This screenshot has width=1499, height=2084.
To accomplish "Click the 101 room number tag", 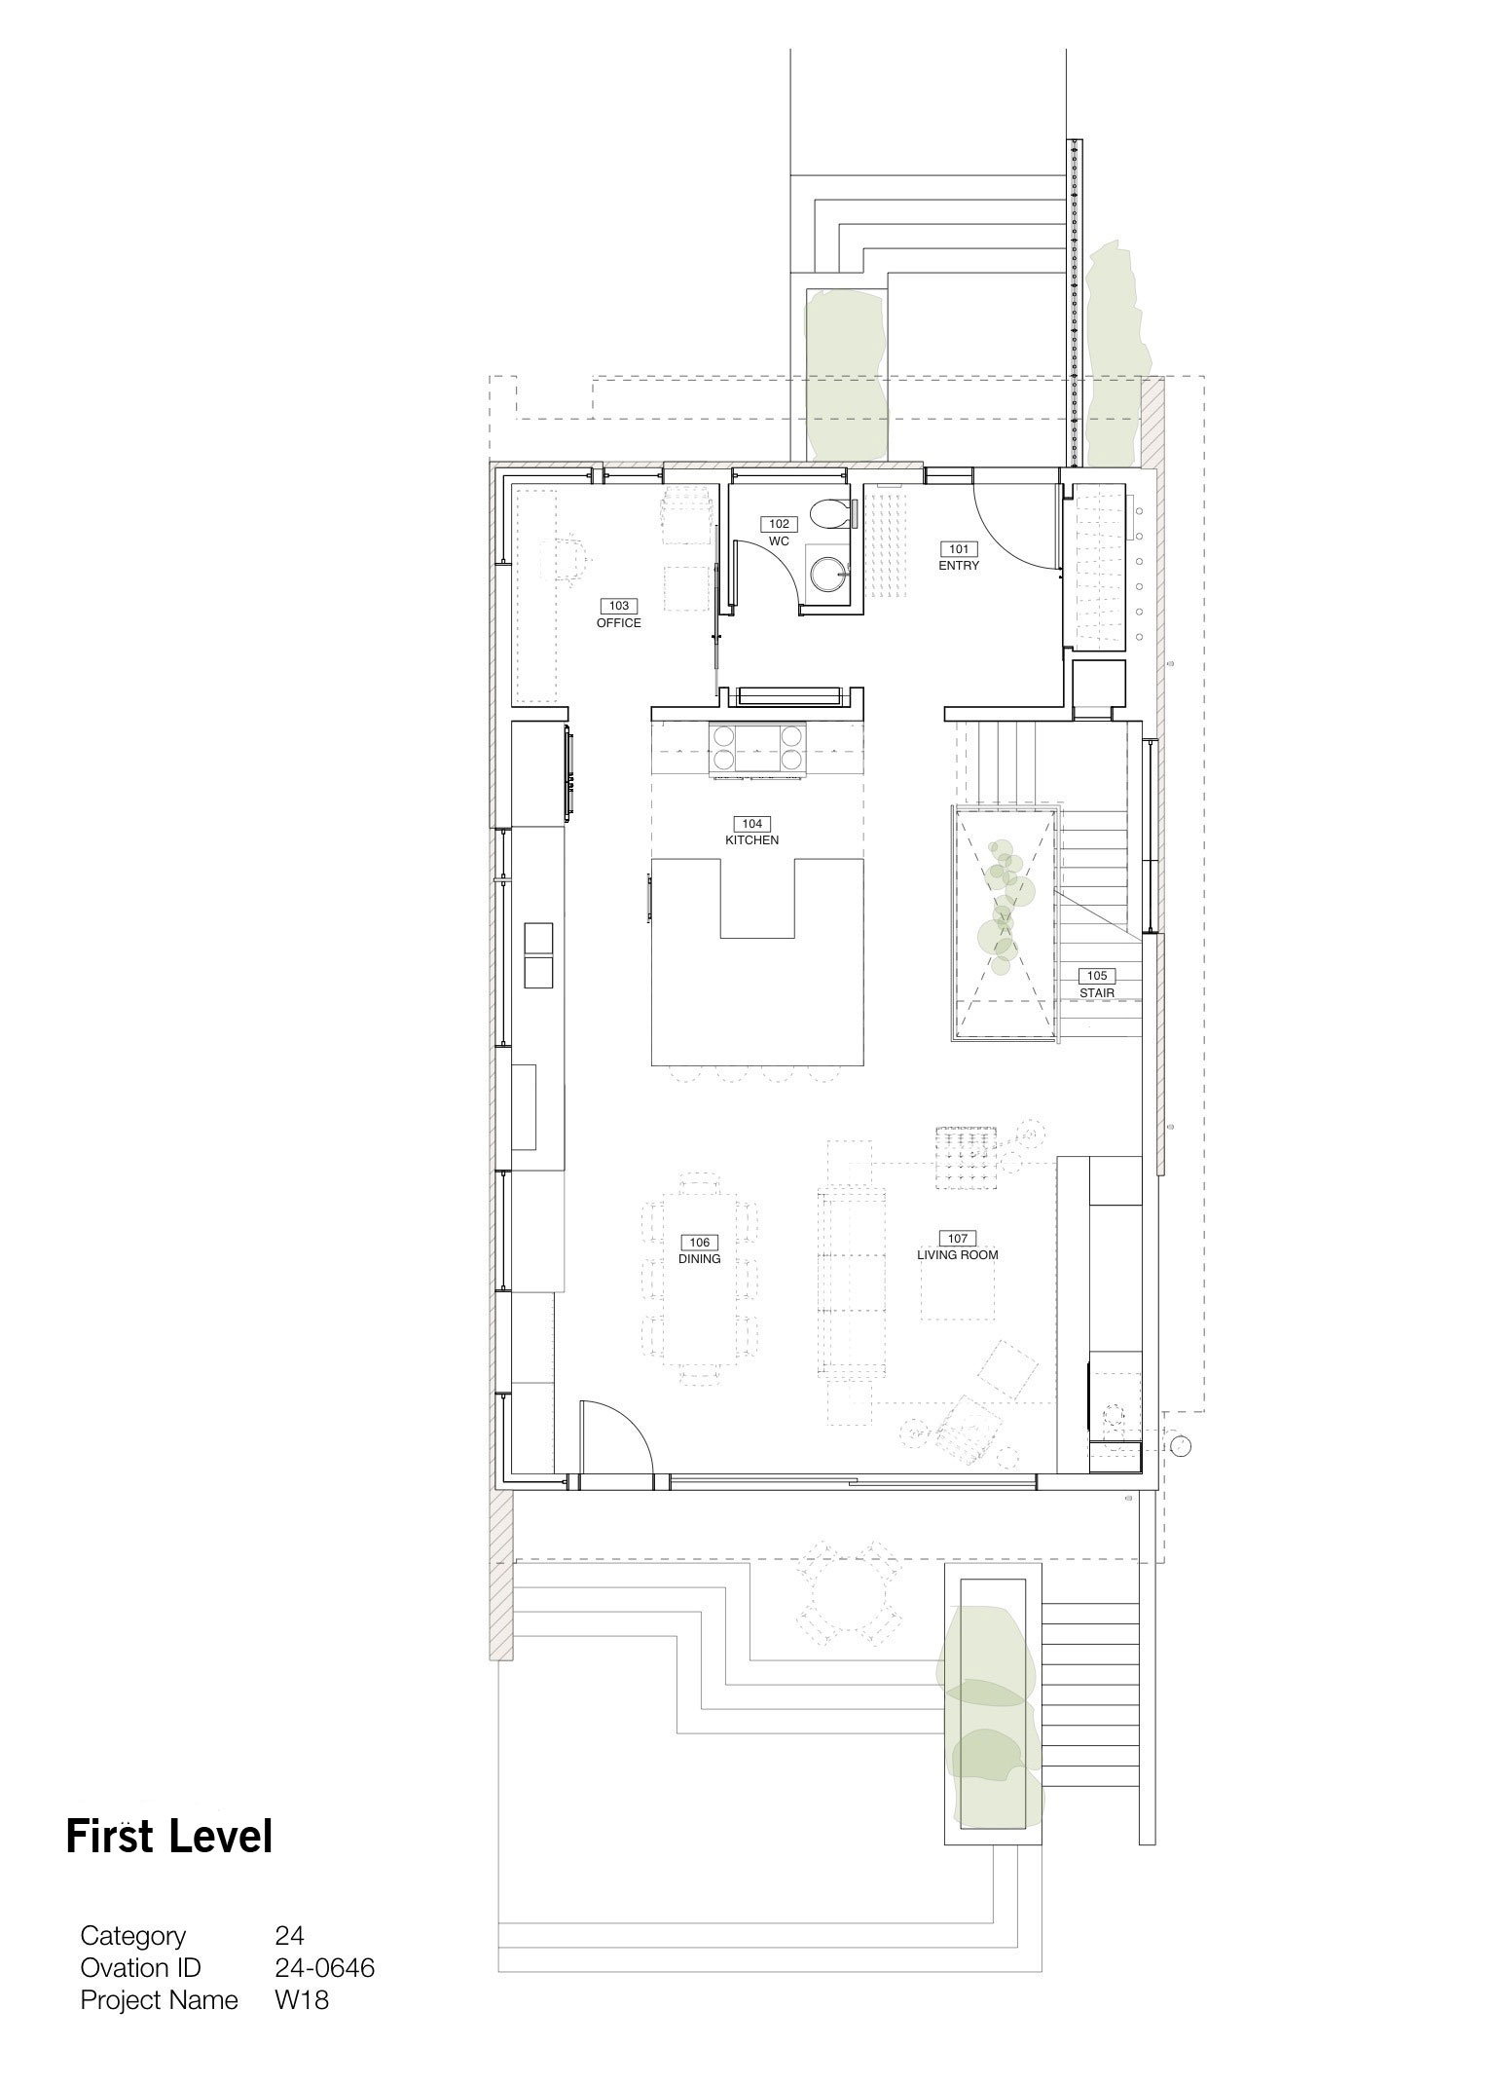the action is point(959,549).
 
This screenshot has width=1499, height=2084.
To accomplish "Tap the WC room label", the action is point(779,540).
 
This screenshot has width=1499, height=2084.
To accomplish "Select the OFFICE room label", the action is point(619,622).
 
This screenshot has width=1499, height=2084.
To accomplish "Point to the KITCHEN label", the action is point(751,839).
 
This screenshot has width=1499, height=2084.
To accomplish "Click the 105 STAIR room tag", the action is point(1096,984).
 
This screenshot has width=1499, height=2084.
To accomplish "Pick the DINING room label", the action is point(699,1258).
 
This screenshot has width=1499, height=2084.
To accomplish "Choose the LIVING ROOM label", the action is point(958,1254).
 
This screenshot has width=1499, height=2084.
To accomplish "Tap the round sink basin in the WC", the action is point(829,571).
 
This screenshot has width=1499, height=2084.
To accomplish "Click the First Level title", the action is point(169,1836).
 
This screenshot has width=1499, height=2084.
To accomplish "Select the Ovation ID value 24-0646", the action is point(325,1967).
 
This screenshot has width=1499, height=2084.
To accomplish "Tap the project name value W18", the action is point(302,2000).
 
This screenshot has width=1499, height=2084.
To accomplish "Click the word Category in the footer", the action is point(133,1936).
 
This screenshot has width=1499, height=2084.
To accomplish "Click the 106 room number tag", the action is point(700,1243).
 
